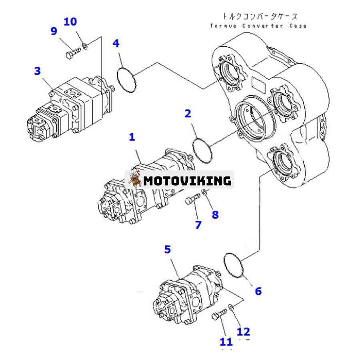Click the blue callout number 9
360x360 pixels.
click(x=54, y=31)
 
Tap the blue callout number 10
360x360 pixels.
click(x=70, y=21)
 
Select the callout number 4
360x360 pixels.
click(x=116, y=43)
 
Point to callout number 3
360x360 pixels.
click(x=37, y=71)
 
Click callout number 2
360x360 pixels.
click(x=188, y=114)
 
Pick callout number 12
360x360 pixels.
click(x=243, y=331)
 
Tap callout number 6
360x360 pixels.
click(x=258, y=291)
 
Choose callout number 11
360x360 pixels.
click(x=226, y=342)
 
